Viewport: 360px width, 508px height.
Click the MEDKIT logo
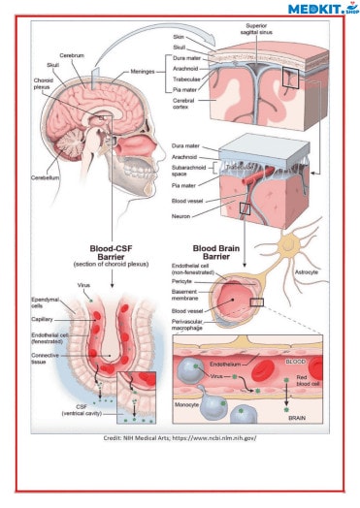point(320,9)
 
